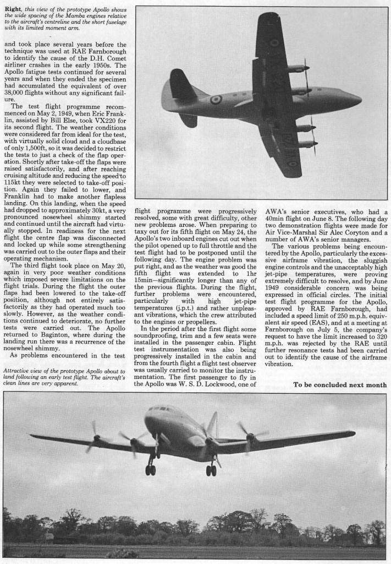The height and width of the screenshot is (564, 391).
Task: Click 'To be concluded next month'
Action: click(x=339, y=384)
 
